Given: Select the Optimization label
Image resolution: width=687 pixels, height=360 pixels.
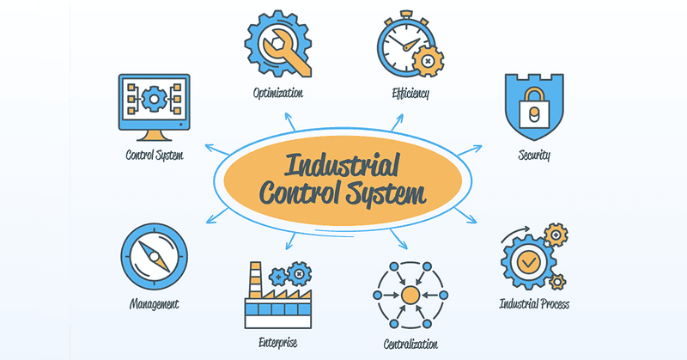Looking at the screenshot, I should coord(277,93).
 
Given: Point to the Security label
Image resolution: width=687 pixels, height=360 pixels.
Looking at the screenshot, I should coord(534,156).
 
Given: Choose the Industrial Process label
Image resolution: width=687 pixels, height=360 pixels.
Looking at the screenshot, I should coord(534,304).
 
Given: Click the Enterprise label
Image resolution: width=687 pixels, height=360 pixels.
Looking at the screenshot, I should coord(277,341).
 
